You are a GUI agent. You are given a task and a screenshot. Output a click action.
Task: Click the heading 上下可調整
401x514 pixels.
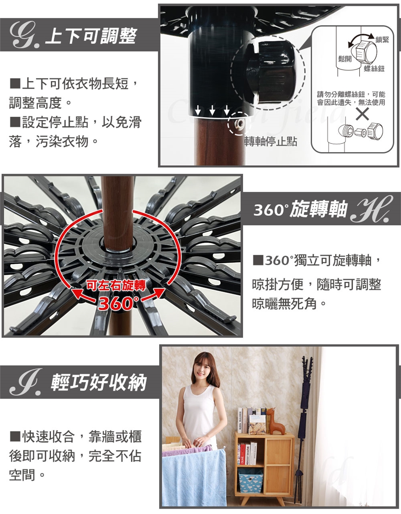91,36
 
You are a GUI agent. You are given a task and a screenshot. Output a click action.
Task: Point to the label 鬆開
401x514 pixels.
345,59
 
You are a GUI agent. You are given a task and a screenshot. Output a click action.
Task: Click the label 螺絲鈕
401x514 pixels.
374,69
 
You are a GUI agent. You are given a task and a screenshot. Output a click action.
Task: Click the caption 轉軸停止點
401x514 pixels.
271,141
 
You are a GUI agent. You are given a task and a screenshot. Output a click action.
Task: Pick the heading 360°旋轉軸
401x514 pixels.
300,209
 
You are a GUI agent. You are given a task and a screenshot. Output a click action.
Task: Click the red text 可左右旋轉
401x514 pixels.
115,286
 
